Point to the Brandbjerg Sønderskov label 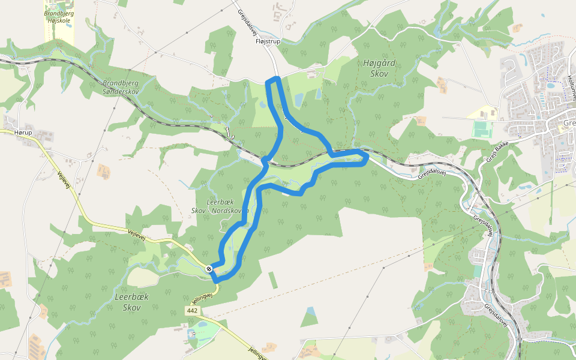(x=121, y=88)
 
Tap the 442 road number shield (x=192, y=311)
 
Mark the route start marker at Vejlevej (x=209, y=269)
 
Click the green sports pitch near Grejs (x=481, y=129)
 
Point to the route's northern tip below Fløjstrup (x=274, y=80)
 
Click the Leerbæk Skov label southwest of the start (x=131, y=302)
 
